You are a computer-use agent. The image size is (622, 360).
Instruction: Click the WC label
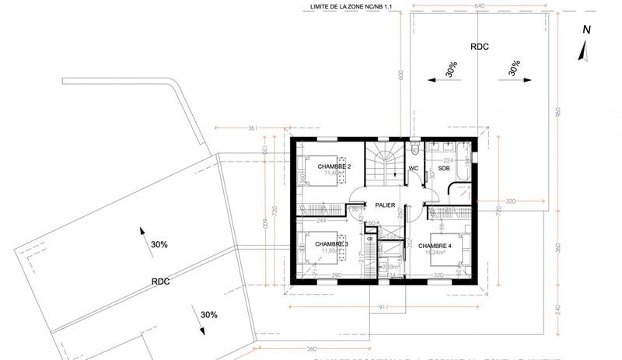414,168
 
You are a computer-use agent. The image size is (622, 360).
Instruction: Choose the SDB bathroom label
444,168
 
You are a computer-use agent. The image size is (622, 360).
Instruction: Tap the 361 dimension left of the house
252,128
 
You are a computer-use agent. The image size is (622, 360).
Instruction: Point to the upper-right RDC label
480,46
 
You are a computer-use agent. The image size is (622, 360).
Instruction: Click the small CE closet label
370,239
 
